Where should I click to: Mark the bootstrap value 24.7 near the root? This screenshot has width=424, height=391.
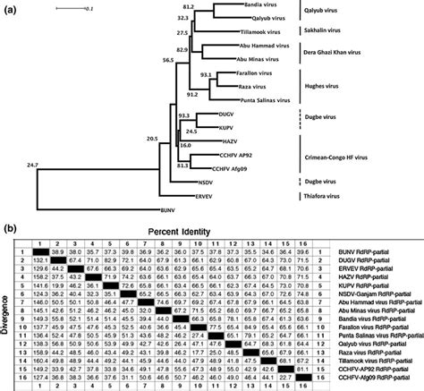coord(33,166)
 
